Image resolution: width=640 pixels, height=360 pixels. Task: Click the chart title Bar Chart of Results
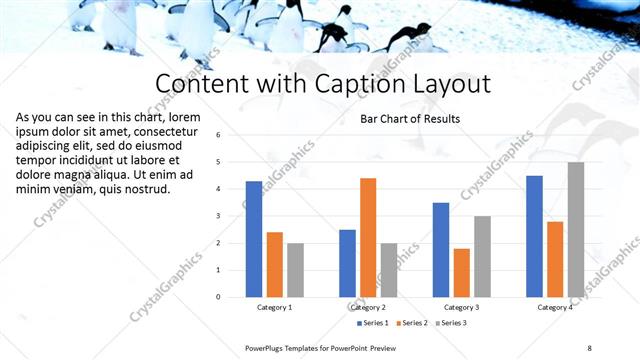point(410,119)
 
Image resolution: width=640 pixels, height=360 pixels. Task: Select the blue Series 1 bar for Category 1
point(253,239)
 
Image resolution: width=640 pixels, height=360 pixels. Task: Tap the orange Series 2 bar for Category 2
point(368,237)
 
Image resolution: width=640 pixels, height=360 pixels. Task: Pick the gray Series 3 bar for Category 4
point(576,229)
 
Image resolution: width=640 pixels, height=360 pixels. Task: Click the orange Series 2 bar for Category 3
point(461,272)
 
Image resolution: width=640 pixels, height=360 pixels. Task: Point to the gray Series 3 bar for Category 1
point(296,269)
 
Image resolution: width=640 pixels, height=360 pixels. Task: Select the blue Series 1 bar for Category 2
point(347,263)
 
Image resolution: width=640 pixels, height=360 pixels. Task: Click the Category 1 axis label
point(274,307)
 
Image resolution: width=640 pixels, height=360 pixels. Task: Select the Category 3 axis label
point(462,307)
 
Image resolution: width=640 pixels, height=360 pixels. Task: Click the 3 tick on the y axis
point(232,215)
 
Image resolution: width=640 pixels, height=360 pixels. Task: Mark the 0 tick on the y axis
point(232,296)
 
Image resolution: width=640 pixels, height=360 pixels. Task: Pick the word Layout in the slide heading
point(445,83)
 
